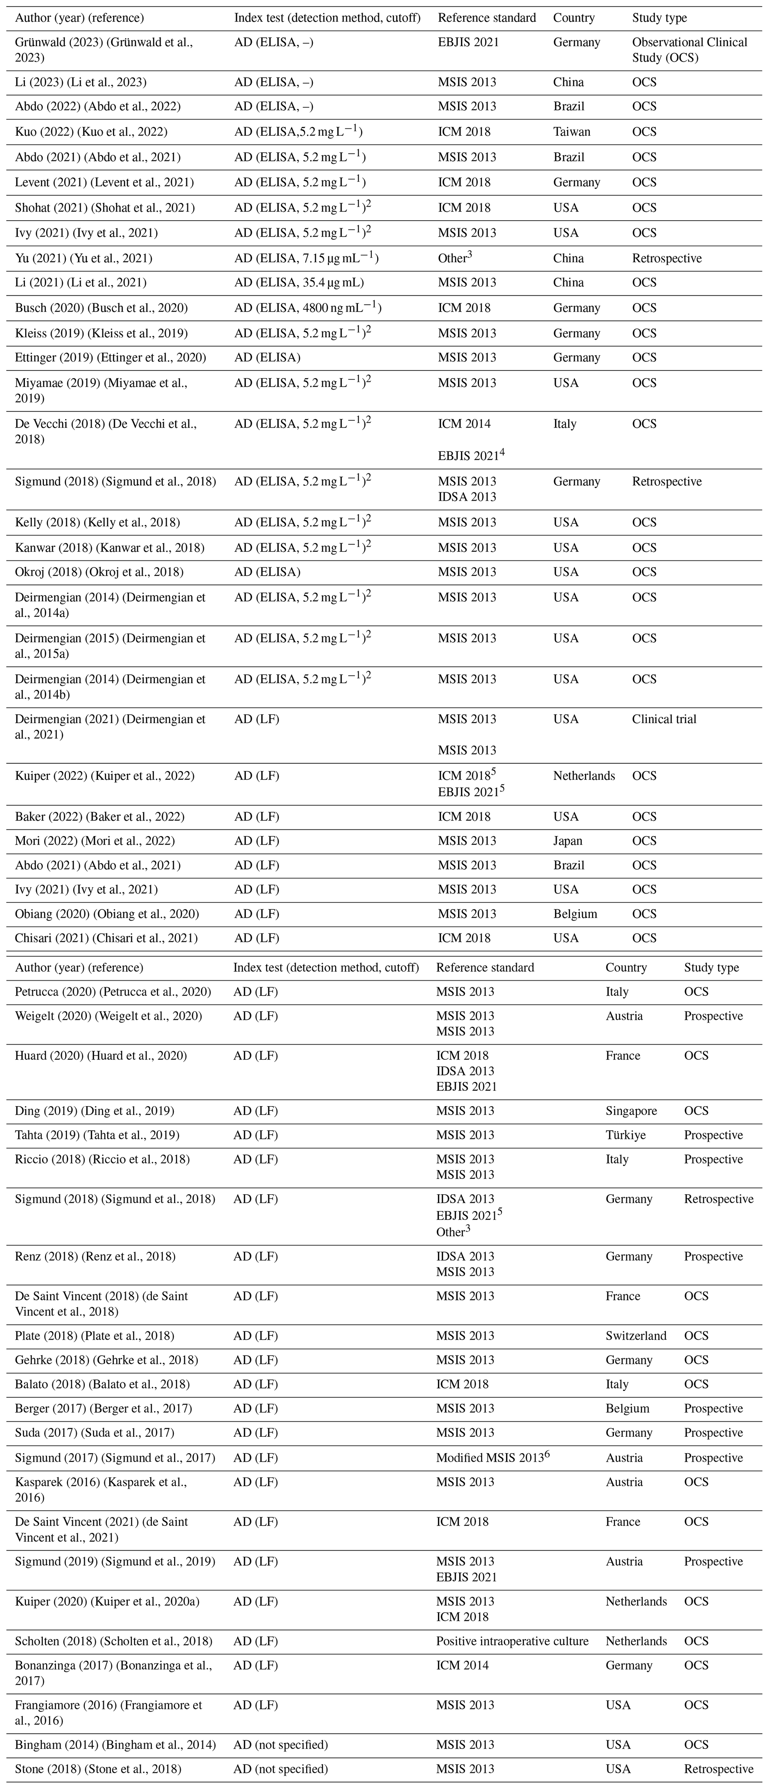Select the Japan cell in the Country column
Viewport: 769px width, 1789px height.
pos(568,840)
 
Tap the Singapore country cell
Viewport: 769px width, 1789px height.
pos(631,1111)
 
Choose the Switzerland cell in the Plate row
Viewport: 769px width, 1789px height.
pos(635,1336)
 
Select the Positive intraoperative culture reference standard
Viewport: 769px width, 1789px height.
pos(512,1641)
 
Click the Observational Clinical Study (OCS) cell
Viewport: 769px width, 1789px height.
pos(689,50)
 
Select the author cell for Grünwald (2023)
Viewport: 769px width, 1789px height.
pos(104,50)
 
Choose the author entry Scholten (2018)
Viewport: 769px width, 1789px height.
pos(113,1641)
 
